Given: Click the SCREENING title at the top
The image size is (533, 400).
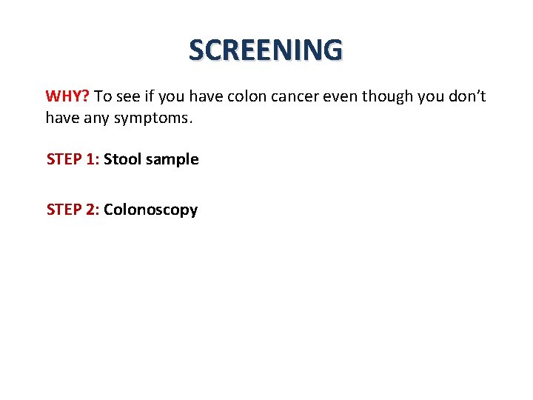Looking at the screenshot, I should [266, 50].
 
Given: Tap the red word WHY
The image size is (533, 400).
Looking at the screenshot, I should [65, 96].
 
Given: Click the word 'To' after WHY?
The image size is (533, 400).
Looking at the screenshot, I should [103, 96].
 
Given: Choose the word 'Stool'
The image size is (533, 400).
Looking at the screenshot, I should [122, 159].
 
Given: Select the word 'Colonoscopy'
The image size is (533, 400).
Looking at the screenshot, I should [151, 210].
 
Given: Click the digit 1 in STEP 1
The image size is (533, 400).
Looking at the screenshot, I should [91, 159].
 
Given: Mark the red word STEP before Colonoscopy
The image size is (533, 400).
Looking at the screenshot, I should [63, 210].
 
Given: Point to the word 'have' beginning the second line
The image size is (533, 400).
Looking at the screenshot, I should [61, 117].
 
